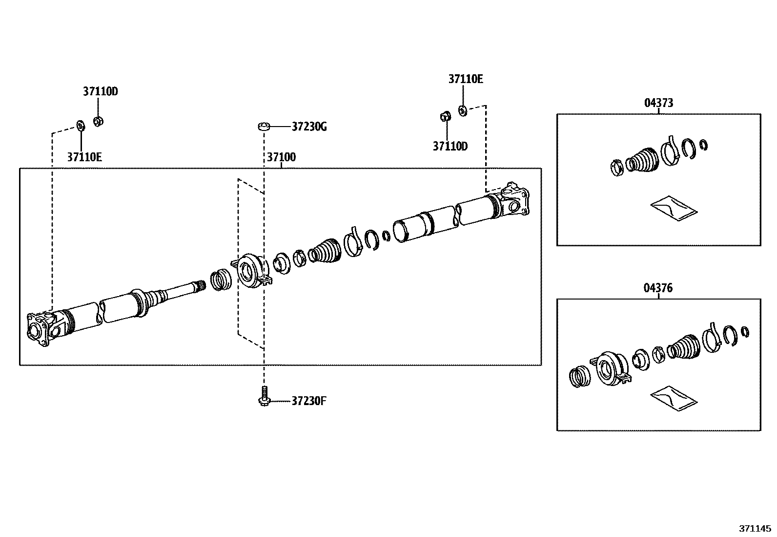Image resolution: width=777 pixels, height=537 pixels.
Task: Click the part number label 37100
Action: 281,157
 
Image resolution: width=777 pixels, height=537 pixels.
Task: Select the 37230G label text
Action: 309,127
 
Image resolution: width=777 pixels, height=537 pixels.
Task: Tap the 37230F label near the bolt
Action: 309,401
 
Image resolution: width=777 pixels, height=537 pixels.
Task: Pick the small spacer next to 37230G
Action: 264,127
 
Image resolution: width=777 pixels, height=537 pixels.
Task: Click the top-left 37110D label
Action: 100,91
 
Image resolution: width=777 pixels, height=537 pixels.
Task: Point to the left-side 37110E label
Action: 84,157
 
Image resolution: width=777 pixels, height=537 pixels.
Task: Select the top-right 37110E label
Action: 466,79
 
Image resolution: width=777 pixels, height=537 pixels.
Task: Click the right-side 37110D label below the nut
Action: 450,146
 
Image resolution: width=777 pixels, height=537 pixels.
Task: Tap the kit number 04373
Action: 658,103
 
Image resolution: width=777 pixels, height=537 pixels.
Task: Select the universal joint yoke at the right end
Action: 515,200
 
